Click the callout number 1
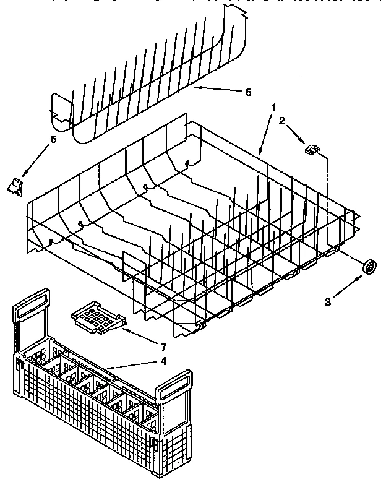point(273,108)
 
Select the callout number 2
point(282,121)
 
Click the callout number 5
point(53,140)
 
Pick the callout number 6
point(247,92)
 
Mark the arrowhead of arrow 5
point(24,176)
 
